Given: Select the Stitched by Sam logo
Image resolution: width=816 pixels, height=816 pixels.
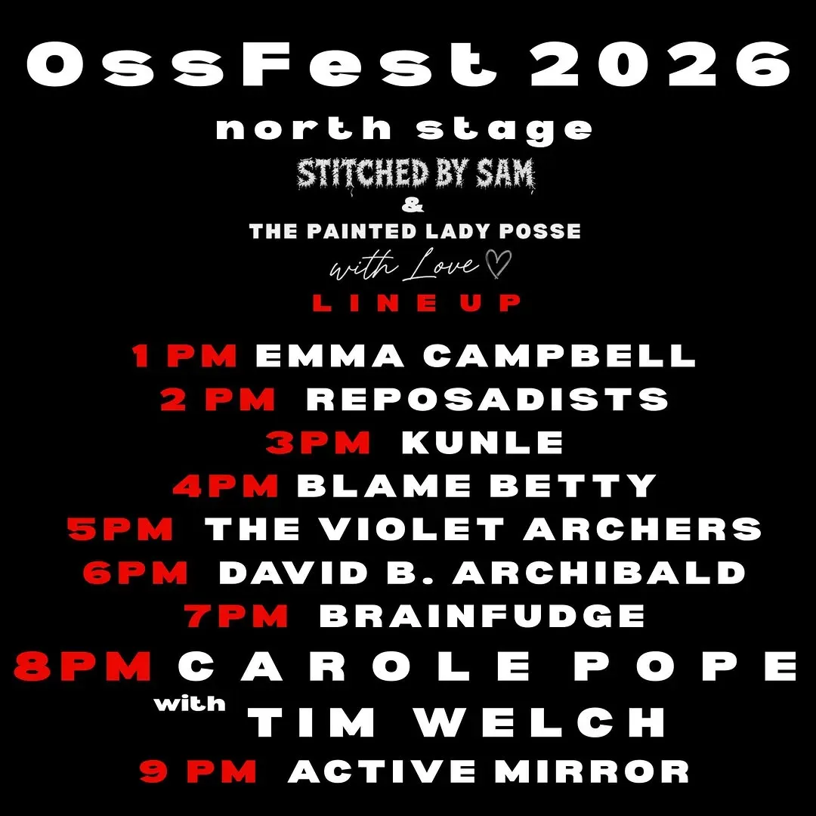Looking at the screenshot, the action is (x=416, y=175).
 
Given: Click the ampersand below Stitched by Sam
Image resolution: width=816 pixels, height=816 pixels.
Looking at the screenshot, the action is (x=413, y=206).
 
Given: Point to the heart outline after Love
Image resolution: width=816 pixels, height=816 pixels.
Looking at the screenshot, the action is (x=499, y=264).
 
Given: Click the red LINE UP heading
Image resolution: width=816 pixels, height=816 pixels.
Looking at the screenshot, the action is (x=416, y=302).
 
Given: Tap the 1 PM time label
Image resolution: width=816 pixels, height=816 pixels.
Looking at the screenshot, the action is (x=184, y=356).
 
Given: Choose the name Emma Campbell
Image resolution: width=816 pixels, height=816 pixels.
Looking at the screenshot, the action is (x=476, y=356).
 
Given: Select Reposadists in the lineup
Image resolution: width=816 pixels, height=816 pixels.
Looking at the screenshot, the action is (x=487, y=399).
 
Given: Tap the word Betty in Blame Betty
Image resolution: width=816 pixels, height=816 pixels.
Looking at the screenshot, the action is (x=572, y=486).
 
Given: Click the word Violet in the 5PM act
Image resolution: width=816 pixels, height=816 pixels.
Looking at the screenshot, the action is (x=412, y=529).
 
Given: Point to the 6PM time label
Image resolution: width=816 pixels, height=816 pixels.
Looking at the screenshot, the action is (x=135, y=573).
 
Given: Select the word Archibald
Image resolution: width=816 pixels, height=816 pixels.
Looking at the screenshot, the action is (x=598, y=573).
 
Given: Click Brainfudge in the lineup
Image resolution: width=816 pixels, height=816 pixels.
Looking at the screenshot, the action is (x=482, y=616).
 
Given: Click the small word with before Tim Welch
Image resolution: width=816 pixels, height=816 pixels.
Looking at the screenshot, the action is (x=190, y=704).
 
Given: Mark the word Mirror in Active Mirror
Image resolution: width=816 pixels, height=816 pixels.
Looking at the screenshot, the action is (x=592, y=771).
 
